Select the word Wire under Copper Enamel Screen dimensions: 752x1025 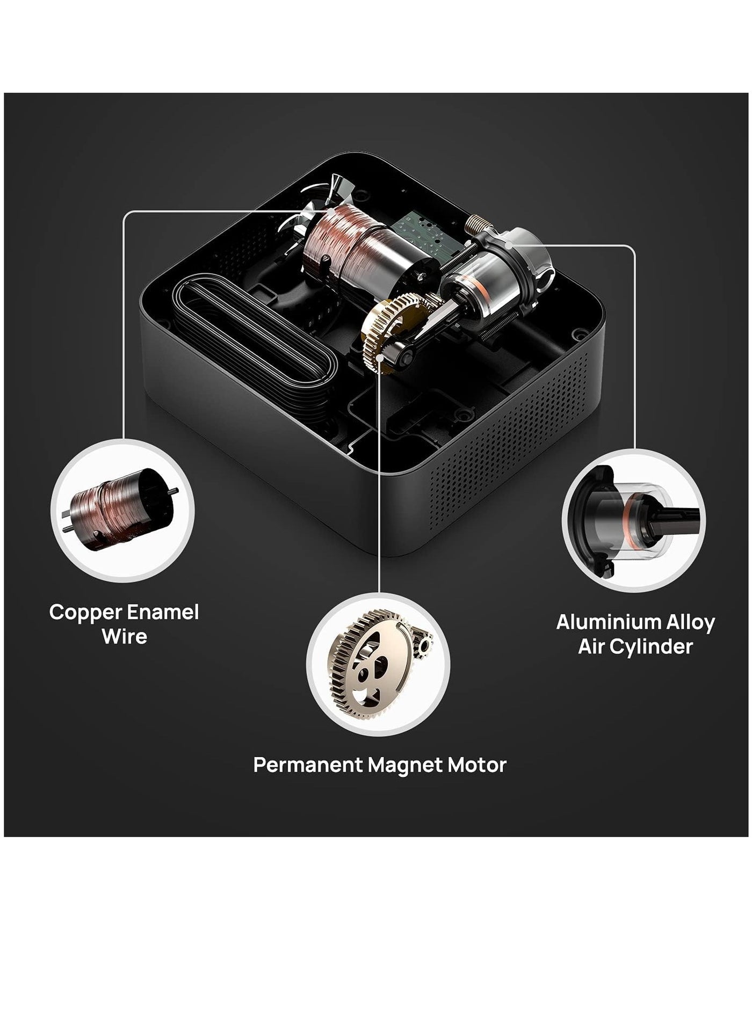click(124, 636)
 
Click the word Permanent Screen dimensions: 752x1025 click(308, 765)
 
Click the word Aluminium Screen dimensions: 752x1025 click(601, 622)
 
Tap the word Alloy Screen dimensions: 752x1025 click(683, 623)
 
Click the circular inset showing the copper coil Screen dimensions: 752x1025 click(123, 510)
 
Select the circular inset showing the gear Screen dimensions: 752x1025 click(379, 664)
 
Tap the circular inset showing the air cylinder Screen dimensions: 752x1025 click(634, 520)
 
